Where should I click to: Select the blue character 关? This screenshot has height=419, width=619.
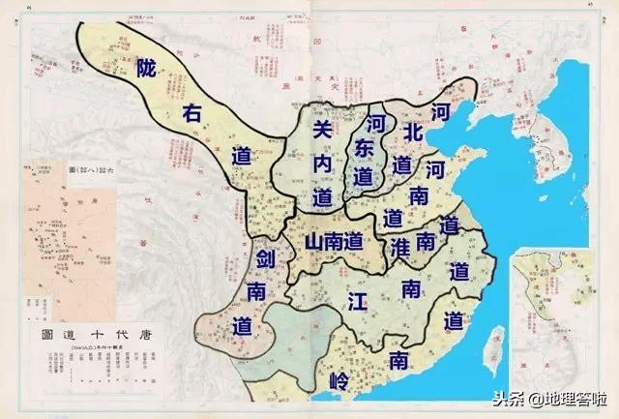(x=324, y=129)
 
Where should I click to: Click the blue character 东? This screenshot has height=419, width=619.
(x=364, y=150)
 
